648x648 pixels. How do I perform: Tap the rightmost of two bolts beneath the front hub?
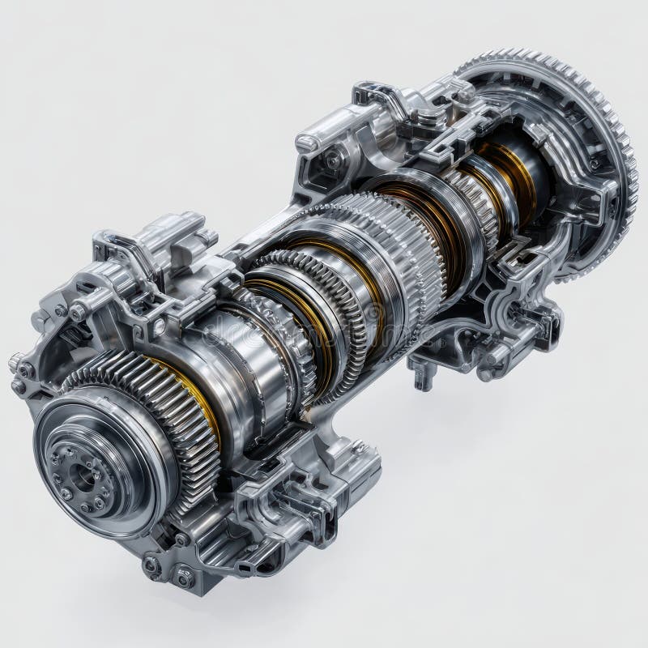185,578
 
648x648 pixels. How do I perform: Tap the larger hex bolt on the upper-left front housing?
78,312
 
